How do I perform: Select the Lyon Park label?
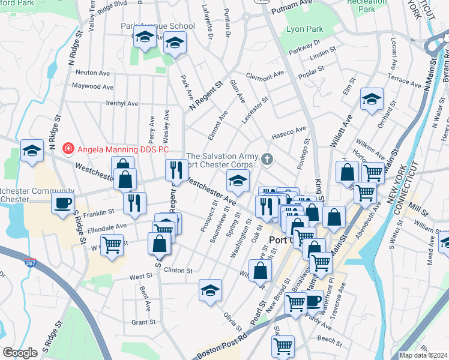tap(305, 29)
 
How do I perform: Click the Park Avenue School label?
tap(158, 26)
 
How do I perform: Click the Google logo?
tap(19, 353)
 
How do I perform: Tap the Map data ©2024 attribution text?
tap(423, 355)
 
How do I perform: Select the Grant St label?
tap(143, 322)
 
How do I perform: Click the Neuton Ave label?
tap(92, 72)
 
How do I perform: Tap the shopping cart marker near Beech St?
tap(283, 345)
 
